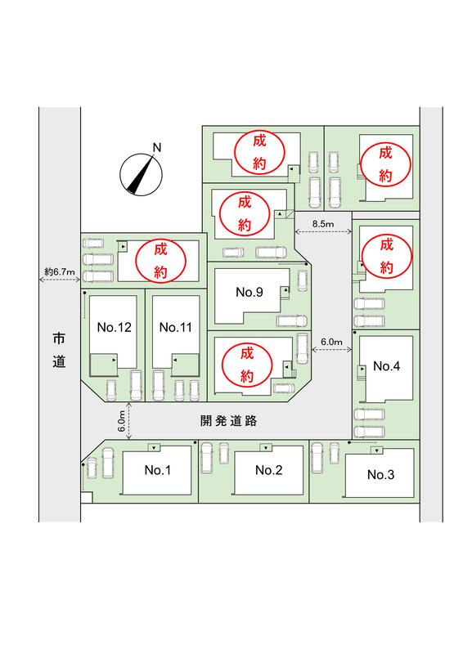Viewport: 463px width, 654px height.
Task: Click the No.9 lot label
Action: click(x=249, y=292)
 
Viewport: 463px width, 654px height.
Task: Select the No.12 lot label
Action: click(x=114, y=328)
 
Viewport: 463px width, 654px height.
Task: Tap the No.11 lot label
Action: click(x=175, y=328)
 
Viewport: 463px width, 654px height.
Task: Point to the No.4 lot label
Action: click(x=387, y=366)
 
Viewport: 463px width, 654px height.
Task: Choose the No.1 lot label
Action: click(x=157, y=470)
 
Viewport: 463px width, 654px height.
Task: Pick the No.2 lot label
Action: click(x=268, y=470)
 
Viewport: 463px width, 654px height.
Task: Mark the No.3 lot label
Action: click(x=380, y=474)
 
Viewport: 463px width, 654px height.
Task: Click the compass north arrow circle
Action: click(x=141, y=174)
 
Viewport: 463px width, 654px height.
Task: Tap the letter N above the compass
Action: click(x=157, y=148)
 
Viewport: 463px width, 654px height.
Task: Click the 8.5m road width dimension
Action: click(x=323, y=224)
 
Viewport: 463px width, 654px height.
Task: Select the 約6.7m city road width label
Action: click(x=60, y=272)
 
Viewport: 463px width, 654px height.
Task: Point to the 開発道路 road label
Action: click(x=228, y=421)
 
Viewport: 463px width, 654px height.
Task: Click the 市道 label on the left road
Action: click(x=59, y=350)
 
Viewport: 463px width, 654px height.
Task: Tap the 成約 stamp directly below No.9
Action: click(x=247, y=365)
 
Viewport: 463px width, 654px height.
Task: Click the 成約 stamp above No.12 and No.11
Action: click(x=160, y=261)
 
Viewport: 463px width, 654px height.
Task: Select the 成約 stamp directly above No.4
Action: click(x=387, y=255)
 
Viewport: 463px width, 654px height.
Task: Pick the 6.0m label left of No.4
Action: click(x=331, y=342)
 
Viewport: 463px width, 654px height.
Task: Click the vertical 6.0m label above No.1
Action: click(x=121, y=421)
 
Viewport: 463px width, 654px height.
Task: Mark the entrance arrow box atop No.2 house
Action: click(x=266, y=448)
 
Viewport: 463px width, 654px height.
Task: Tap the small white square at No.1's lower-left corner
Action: click(x=86, y=498)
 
